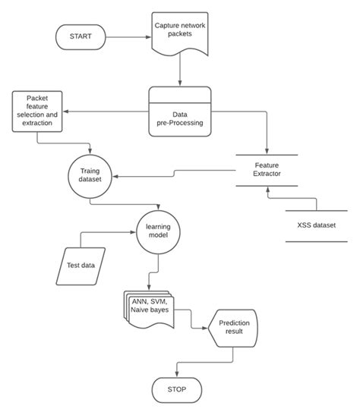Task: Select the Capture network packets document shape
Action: point(180,34)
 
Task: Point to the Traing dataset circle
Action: point(90,177)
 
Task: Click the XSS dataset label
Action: point(316,226)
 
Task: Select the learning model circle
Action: point(158,230)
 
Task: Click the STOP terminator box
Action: point(176,391)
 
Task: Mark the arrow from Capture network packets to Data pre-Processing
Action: point(180,71)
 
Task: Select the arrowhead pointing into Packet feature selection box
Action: point(67,112)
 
